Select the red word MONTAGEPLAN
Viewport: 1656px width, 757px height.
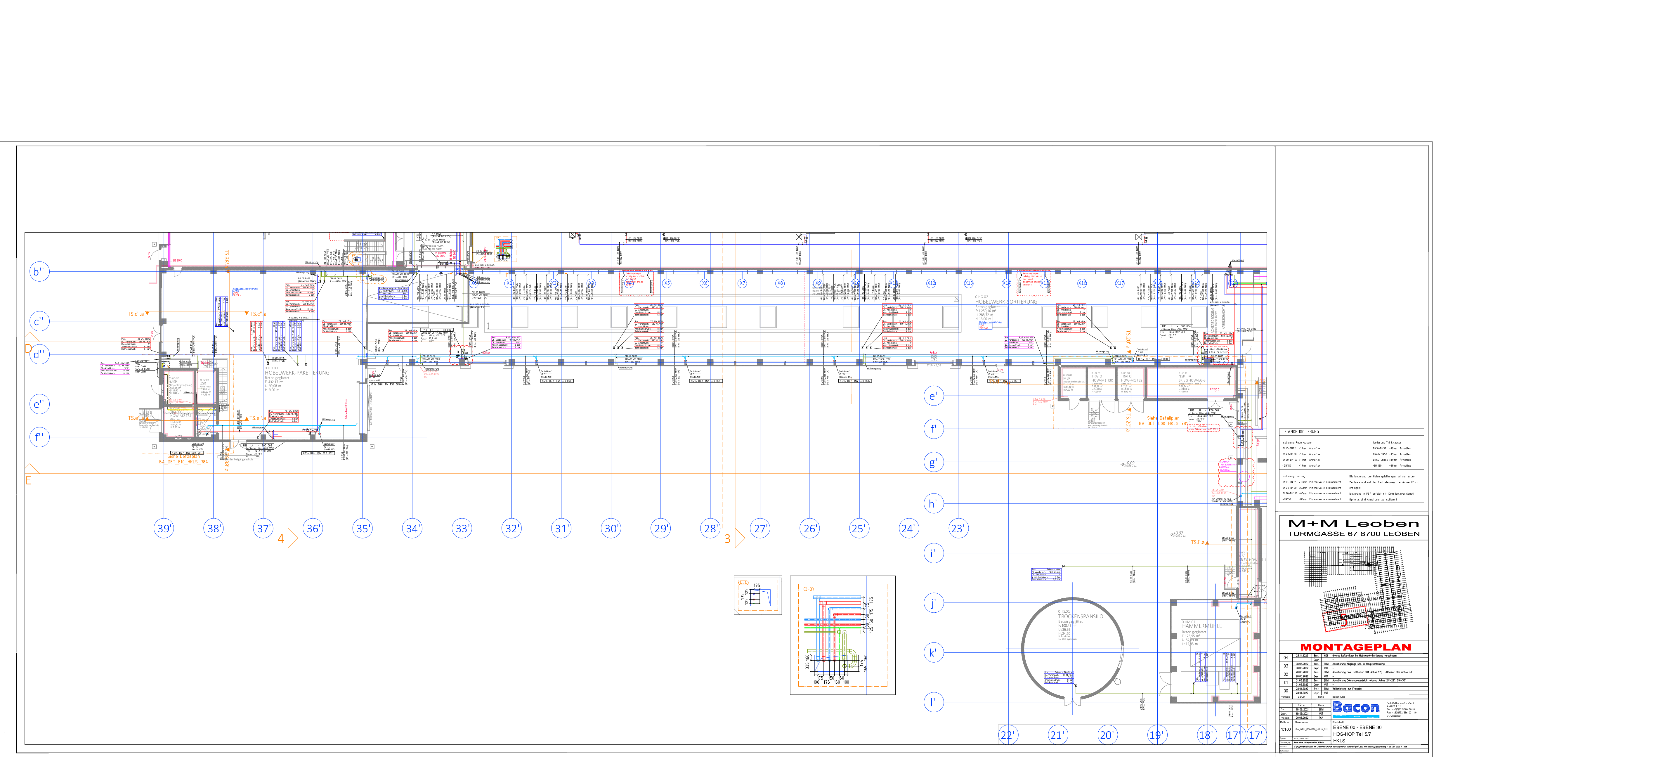(1355, 647)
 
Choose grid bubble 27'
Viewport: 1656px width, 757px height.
(760, 529)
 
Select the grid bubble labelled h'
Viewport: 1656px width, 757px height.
(933, 504)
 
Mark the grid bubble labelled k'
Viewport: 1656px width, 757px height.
(933, 653)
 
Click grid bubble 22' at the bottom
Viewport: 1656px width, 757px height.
(1008, 735)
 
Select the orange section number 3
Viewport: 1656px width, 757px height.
(727, 539)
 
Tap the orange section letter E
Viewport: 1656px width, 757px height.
(28, 480)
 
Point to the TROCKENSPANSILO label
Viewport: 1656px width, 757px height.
(1081, 616)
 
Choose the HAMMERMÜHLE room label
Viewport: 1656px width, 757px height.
(1201, 626)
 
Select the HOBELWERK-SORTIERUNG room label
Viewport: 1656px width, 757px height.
(1006, 302)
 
